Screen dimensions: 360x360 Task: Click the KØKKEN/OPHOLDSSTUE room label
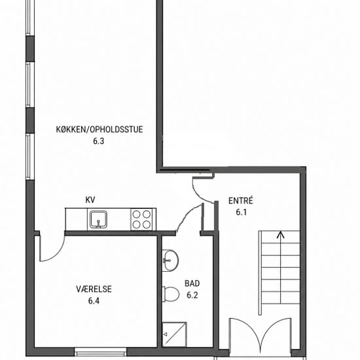pyautogui.click(x=99, y=130)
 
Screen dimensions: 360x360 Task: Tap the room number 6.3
pyautogui.click(x=98, y=141)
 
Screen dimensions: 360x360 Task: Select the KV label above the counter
pyautogui.click(x=90, y=200)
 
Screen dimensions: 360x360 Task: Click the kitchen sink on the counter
pyautogui.click(x=98, y=220)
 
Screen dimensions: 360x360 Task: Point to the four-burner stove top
pyautogui.click(x=141, y=219)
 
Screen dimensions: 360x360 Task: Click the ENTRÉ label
pyautogui.click(x=241, y=201)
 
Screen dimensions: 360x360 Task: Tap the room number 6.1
pyautogui.click(x=242, y=212)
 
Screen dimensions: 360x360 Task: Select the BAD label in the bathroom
pyautogui.click(x=192, y=283)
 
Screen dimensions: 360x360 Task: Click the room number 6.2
pyautogui.click(x=192, y=295)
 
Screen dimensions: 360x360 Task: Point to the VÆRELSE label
pyautogui.click(x=94, y=289)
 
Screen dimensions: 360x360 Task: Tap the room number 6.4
pyautogui.click(x=94, y=301)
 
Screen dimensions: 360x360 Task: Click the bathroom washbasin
pyautogui.click(x=170, y=261)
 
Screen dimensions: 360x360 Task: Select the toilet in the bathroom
pyautogui.click(x=171, y=294)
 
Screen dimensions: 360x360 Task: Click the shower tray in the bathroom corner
pyautogui.click(x=174, y=334)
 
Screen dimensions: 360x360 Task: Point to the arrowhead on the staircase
pyautogui.click(x=280, y=234)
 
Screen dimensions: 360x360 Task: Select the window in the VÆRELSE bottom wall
pyautogui.click(x=101, y=351)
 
